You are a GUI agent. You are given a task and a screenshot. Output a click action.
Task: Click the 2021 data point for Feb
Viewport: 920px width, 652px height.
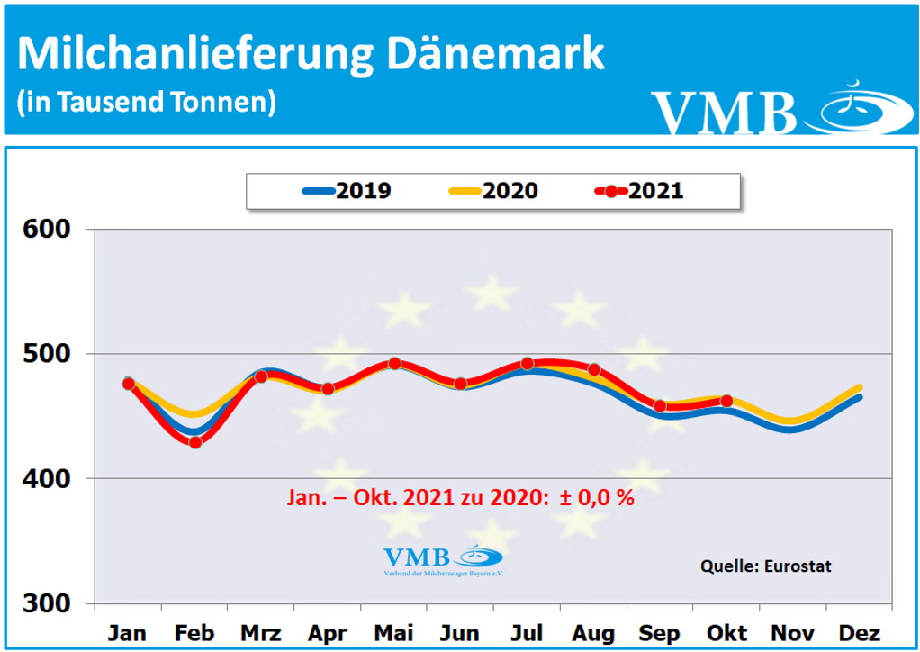coord(195,442)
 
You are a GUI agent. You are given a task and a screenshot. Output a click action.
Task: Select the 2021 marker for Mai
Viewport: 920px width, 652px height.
coord(394,364)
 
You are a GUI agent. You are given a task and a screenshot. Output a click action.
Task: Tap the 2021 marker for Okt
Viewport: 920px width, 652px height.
coord(726,402)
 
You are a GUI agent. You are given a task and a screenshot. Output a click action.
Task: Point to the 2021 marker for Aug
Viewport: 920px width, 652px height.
coord(594,370)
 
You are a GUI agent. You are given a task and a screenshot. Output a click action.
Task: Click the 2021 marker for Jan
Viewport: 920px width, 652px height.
coord(129,384)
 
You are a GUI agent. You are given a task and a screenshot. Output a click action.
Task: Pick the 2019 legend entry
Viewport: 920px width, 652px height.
coord(347,191)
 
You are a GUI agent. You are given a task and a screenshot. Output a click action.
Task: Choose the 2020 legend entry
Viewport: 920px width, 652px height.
coord(492,191)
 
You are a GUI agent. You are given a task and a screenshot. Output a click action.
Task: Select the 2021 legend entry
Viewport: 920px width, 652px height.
coord(639,191)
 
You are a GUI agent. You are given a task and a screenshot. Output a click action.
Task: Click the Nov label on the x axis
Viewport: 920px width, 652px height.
coord(793,633)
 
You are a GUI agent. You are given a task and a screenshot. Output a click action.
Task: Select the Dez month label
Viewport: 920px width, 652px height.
coord(860,633)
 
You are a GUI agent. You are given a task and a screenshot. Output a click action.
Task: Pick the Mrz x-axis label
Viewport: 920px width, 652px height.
coord(261,633)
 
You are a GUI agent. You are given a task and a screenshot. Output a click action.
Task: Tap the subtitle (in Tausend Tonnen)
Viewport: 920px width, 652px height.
coord(146,102)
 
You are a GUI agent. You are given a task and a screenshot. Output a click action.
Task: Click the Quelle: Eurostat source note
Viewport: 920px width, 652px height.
coord(766,566)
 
